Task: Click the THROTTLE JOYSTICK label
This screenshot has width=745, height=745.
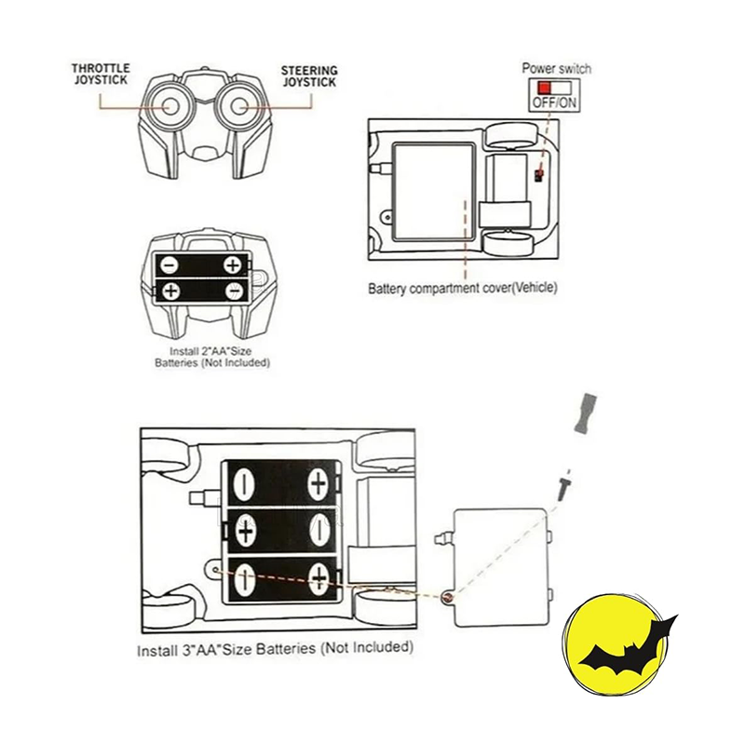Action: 102,74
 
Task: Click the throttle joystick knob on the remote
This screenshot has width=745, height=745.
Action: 169,104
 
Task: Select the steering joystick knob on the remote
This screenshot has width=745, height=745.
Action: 239,104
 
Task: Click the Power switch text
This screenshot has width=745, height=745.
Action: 556,69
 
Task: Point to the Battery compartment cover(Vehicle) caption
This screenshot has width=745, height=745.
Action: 463,288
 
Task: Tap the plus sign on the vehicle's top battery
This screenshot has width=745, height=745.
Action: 318,483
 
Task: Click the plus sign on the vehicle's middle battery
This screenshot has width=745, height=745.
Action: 247,530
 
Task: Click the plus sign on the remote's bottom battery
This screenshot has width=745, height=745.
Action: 171,291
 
